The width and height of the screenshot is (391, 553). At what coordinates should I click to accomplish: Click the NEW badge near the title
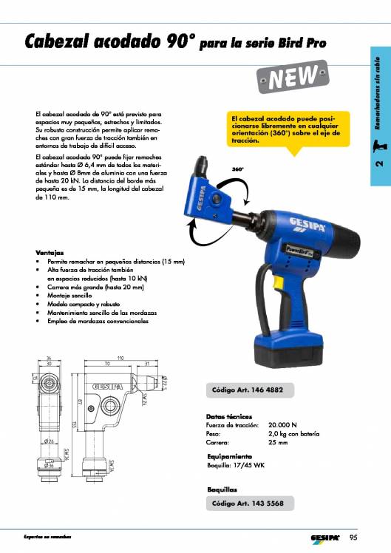(x=293, y=78)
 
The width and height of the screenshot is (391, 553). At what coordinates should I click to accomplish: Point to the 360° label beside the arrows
(x=238, y=169)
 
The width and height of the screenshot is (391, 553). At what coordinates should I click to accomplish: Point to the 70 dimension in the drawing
(x=106, y=364)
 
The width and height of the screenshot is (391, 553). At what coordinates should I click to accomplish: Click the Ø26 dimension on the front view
(x=48, y=441)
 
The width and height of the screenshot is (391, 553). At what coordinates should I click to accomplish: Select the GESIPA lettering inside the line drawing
(x=108, y=387)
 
